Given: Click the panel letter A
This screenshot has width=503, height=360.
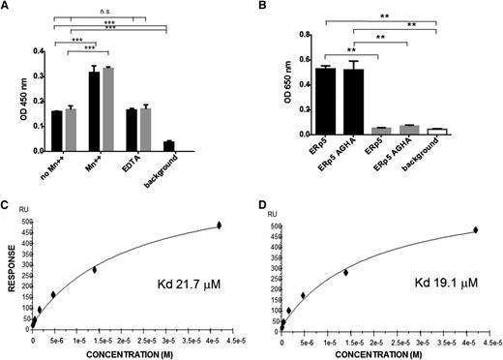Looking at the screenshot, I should tap(6, 8).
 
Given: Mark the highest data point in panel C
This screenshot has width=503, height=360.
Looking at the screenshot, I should tap(219, 225).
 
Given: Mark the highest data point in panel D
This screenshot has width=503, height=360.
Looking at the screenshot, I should tap(475, 230).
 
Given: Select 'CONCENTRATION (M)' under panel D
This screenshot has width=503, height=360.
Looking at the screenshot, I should tap(386, 352).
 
